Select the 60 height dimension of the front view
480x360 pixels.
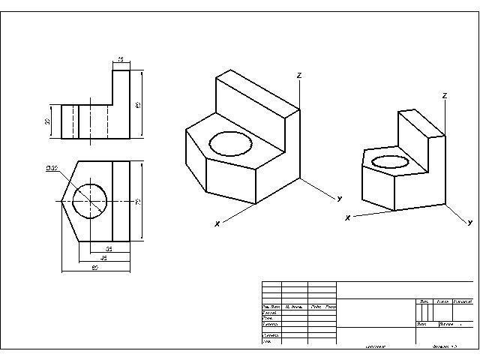(x=137, y=104)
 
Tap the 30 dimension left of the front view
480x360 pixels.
(x=47, y=121)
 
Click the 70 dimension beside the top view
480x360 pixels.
(x=137, y=201)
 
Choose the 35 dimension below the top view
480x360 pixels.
(x=109, y=248)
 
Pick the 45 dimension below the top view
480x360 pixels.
(x=104, y=257)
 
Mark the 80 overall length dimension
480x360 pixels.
(x=95, y=266)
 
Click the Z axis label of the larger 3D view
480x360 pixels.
(x=298, y=76)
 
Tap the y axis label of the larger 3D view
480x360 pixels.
(x=340, y=198)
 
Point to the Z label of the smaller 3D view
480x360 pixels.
(x=445, y=96)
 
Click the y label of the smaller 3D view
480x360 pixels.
(x=470, y=223)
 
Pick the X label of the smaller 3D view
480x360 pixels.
(x=347, y=218)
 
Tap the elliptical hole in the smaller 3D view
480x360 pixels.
(x=391, y=160)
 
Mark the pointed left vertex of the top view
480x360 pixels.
(x=61, y=200)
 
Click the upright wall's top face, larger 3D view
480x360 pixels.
(x=257, y=92)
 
